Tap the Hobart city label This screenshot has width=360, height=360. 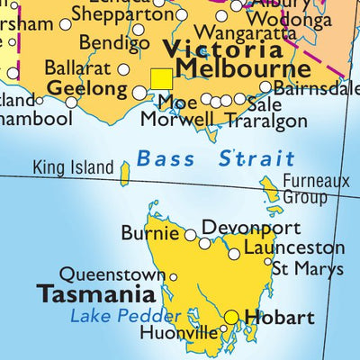pos(279,318)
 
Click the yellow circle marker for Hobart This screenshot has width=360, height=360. pos(232,317)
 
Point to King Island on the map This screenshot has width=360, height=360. pos(124,173)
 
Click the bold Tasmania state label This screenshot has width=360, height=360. pos(95,294)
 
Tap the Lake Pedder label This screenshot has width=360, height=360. pos(125,316)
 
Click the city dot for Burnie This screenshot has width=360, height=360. pos(190,235)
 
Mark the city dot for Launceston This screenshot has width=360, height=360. pos(234,254)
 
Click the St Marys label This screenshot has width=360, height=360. pos(308,268)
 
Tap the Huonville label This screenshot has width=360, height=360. pos(179,333)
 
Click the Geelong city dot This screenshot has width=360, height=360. pos(139,93)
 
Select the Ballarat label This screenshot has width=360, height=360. pos(79,68)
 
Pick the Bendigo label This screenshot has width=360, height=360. pos(108,42)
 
